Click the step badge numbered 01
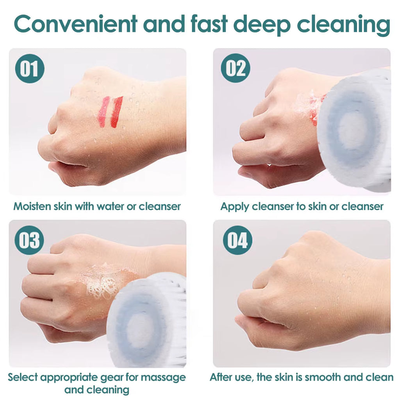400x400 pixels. (x=30, y=69)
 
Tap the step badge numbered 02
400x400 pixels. (x=236, y=69)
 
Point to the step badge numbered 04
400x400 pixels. (x=237, y=240)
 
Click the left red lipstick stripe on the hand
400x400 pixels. (x=104, y=112)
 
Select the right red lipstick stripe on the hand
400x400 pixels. (x=116, y=112)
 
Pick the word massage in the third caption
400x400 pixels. (x=163, y=377)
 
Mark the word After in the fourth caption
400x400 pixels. (x=221, y=377)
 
